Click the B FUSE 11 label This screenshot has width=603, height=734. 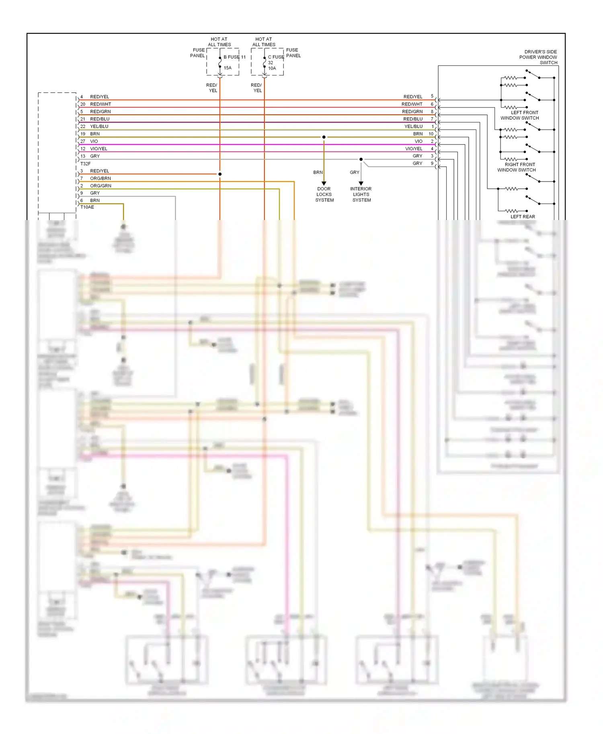234,57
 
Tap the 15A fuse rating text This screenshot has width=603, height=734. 228,68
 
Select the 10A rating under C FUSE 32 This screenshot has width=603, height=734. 272,68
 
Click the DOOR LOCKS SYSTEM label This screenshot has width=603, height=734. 324,194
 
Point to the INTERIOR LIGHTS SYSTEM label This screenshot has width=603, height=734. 361,194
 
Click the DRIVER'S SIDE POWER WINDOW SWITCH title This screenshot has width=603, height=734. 538,57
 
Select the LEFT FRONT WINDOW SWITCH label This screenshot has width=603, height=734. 520,115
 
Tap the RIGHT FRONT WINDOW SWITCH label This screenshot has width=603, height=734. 517,167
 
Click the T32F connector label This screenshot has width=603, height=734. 86,164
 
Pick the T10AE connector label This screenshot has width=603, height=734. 87,207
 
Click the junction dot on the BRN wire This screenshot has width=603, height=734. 324,137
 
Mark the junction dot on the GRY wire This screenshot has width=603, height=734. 361,159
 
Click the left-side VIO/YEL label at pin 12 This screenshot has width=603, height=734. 98,149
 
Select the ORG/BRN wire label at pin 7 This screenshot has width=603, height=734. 100,178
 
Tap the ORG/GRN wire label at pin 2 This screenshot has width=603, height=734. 100,186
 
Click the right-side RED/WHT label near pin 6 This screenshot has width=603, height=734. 412,104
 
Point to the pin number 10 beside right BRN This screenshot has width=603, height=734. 431,134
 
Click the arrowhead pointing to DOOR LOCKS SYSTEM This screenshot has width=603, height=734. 324,183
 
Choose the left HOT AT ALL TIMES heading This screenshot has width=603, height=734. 219,42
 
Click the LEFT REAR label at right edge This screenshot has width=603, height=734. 523,217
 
